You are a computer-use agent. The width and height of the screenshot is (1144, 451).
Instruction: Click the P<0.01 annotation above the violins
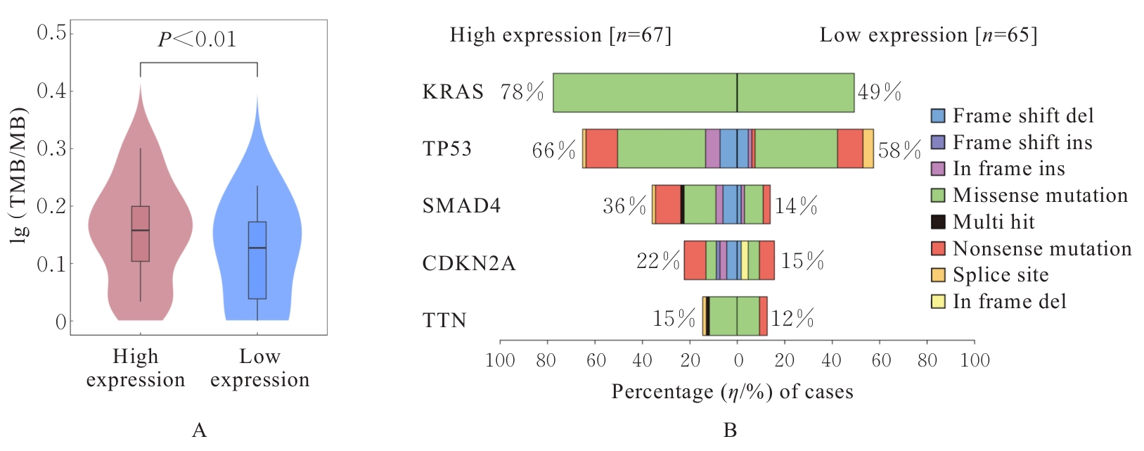pos(197,39)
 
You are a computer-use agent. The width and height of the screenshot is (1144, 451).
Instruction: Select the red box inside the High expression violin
pos(141,234)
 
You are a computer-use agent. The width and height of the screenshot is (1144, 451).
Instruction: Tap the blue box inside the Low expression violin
pos(257,260)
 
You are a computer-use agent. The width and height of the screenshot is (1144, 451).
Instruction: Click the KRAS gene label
pos(453,92)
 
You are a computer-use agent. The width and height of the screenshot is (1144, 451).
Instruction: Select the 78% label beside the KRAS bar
pos(522,92)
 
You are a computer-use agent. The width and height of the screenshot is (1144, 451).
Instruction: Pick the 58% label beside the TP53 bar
pos(899,150)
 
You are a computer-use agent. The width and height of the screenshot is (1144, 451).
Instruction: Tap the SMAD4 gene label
pos(461,206)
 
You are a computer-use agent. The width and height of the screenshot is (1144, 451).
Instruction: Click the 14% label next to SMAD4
pos(796,206)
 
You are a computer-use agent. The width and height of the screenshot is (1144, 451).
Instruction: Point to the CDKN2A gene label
pos(469,263)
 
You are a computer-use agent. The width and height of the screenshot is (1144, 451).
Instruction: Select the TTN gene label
pos(444,321)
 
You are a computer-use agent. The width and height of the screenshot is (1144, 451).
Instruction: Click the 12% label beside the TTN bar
pos(792,319)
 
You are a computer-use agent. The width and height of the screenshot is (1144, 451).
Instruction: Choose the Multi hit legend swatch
pos(938,222)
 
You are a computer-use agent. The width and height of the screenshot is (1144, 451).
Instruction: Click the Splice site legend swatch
pos(938,275)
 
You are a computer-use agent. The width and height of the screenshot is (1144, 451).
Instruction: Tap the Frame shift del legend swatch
pos(938,116)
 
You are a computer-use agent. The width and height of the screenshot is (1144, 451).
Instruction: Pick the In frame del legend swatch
pos(938,302)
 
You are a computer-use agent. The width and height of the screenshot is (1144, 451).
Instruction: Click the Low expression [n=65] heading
pos(928,35)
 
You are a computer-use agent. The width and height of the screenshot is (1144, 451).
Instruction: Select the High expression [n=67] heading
pos(560,35)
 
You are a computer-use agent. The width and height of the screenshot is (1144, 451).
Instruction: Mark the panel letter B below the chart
pos(730,430)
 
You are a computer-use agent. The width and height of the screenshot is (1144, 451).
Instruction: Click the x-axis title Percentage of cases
pos(732,392)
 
